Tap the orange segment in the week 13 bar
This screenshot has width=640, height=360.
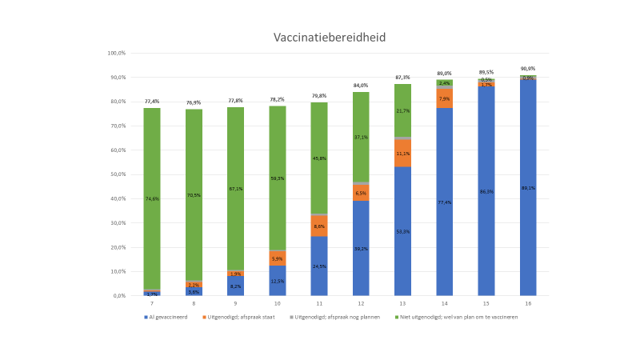(402, 153)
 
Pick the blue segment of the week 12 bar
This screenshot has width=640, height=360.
(361, 248)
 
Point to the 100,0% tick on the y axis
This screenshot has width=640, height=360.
(116, 54)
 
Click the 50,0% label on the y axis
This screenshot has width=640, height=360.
(117, 174)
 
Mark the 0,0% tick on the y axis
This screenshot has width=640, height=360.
(118, 296)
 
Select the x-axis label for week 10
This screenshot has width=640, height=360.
(278, 304)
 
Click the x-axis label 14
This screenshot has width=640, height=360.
(444, 304)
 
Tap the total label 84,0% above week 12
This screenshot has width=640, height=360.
(361, 86)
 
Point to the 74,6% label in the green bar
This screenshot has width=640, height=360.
(152, 198)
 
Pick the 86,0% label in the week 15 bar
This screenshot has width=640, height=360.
(486, 192)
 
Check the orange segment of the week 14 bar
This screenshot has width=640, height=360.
(444, 99)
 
